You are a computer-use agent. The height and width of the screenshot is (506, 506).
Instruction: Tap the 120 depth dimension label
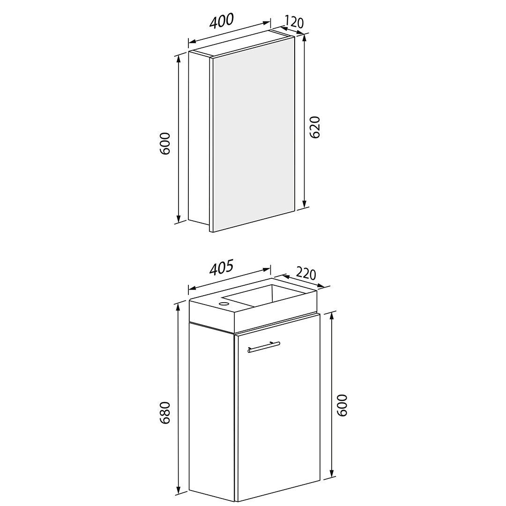point(294,22)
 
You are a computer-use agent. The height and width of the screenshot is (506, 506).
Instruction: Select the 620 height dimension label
point(315,127)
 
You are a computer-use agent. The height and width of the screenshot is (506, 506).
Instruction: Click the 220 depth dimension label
point(305,274)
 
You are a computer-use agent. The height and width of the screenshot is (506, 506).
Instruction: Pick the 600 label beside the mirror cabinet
point(165,143)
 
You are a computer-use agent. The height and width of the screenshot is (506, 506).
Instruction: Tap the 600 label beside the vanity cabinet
point(342,405)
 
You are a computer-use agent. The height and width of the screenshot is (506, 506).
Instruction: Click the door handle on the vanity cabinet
point(264,346)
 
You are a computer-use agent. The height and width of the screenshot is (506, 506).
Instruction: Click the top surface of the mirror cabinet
point(242,44)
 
